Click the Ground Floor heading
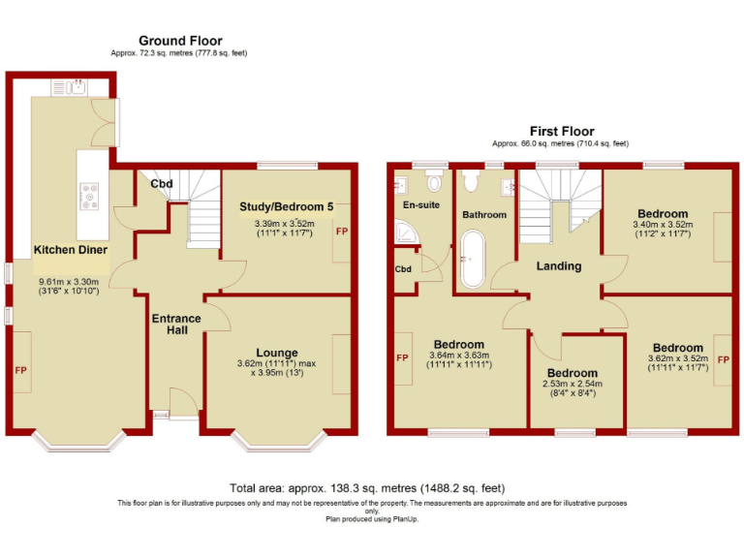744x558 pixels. pyautogui.click(x=180, y=41)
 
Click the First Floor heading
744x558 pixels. pyautogui.click(x=561, y=131)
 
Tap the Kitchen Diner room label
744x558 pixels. pyautogui.click(x=71, y=250)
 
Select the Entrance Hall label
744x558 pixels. pyautogui.click(x=175, y=325)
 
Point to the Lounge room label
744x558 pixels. pyautogui.click(x=277, y=353)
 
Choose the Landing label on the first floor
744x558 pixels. pyautogui.click(x=559, y=266)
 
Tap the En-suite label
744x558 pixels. pyautogui.click(x=420, y=206)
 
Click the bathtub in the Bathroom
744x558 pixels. pyautogui.click(x=473, y=259)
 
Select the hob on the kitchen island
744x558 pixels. pyautogui.click(x=90, y=197)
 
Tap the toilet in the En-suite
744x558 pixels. pyautogui.click(x=433, y=181)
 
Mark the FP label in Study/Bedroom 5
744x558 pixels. pyautogui.click(x=341, y=232)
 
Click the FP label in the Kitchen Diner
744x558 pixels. pyautogui.click(x=19, y=370)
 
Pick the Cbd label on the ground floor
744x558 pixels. pyautogui.click(x=161, y=184)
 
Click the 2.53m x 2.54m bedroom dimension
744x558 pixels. pyautogui.click(x=573, y=384)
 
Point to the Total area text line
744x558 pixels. pyautogui.click(x=366, y=488)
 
